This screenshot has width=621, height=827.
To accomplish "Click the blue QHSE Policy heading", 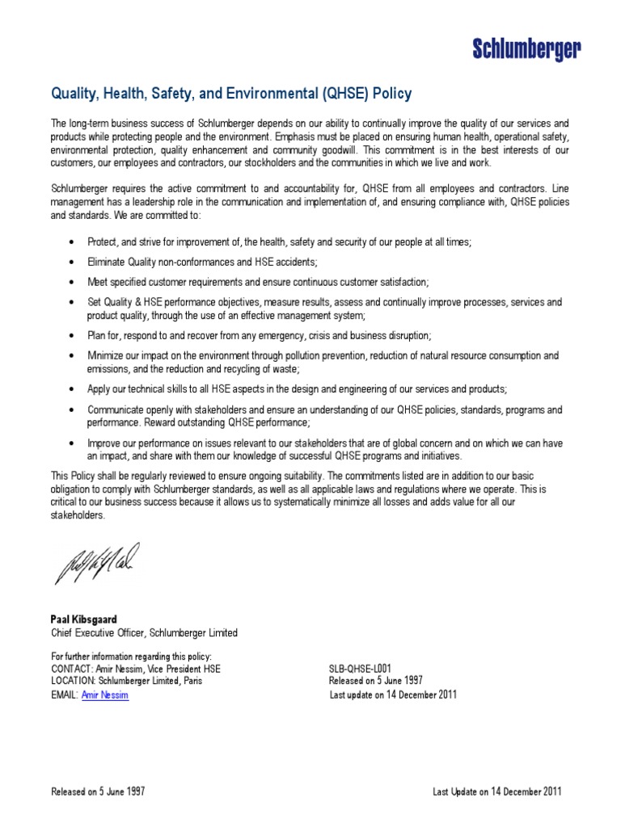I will click(231, 94).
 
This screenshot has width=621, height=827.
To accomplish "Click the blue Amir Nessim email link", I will click(105, 695).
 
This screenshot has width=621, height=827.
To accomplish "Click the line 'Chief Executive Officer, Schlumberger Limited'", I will click(144, 632).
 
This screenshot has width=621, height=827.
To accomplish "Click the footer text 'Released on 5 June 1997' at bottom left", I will click(97, 791).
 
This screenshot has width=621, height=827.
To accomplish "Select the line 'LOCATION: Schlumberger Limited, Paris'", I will click(126, 681).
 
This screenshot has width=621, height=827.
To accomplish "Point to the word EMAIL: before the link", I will click(65, 695).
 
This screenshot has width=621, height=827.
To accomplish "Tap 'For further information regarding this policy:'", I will click(131, 656).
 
